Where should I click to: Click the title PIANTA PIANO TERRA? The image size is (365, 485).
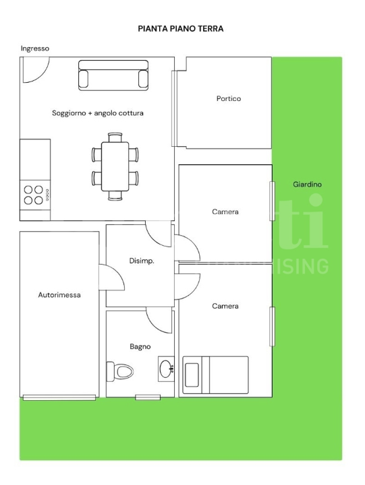[x=180, y=29]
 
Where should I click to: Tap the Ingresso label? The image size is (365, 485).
[x=35, y=48]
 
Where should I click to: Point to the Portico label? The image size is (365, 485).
[x=228, y=99]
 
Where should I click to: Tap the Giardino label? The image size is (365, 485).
[x=307, y=185]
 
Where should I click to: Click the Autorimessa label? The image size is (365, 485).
[x=59, y=295]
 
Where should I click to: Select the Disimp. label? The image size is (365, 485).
[x=142, y=261]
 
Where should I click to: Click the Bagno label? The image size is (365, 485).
[x=140, y=347]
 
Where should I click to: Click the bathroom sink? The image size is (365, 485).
[x=166, y=368]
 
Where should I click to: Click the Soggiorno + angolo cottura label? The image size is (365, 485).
[x=98, y=113]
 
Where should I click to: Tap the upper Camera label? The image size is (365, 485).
[x=225, y=212]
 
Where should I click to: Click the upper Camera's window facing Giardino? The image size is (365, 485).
[x=273, y=201]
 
